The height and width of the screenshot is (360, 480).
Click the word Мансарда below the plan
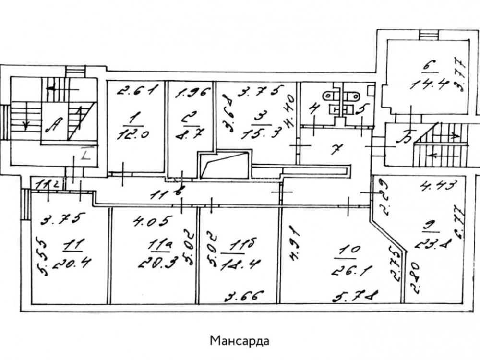(x=240, y=341)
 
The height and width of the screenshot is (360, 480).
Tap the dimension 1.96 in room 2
(x=191, y=93)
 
